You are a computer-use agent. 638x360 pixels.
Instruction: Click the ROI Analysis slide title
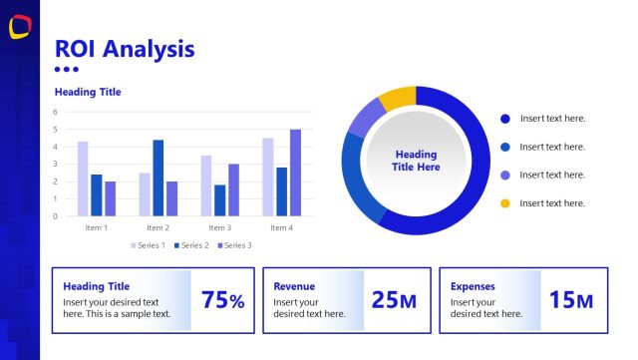[x=125, y=48]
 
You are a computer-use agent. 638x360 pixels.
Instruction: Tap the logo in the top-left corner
[x=19, y=29]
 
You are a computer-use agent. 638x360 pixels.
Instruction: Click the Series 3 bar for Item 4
[x=295, y=173]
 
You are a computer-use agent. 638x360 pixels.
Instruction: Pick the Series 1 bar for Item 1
[x=83, y=179]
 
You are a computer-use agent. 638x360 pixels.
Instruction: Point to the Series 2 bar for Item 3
[x=219, y=199]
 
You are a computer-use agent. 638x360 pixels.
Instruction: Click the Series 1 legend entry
[x=149, y=245]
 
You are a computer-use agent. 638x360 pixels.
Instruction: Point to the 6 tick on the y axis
[x=56, y=113]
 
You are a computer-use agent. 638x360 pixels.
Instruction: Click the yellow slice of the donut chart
[x=398, y=99]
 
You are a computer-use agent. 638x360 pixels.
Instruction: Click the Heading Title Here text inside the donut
[x=416, y=161]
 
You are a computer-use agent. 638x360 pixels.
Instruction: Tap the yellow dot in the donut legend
[x=504, y=203]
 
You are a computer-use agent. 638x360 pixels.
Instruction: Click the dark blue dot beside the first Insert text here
[x=504, y=119]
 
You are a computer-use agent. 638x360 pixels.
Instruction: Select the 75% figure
[x=222, y=300]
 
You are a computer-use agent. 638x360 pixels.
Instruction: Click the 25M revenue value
[x=394, y=300]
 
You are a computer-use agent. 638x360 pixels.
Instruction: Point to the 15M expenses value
[x=571, y=300]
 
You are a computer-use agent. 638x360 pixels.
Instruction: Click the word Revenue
[x=294, y=286]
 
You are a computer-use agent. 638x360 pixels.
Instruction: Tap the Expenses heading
[x=473, y=286]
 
